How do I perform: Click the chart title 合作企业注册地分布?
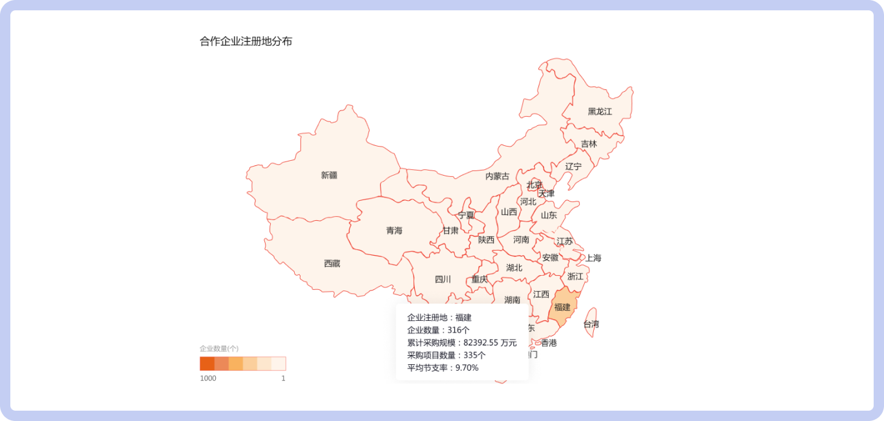(x=246, y=42)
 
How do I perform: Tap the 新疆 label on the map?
(x=329, y=175)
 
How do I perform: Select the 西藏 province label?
(x=331, y=263)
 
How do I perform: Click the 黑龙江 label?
(x=599, y=112)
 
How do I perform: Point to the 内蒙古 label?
(x=497, y=176)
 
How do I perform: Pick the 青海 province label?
(x=394, y=231)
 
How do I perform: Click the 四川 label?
(x=443, y=280)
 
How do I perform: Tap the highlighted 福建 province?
(x=562, y=307)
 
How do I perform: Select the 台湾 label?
(x=591, y=324)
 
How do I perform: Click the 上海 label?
(x=593, y=258)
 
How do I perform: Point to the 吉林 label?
(x=589, y=144)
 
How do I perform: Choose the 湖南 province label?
(x=512, y=300)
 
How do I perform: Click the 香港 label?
(x=548, y=343)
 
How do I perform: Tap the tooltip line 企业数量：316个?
(x=438, y=330)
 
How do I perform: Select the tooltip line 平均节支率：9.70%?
(x=443, y=368)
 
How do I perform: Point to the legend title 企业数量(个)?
(x=219, y=349)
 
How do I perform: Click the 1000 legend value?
(x=208, y=378)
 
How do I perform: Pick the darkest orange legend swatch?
(x=207, y=364)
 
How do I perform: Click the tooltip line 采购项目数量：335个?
(x=446, y=355)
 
